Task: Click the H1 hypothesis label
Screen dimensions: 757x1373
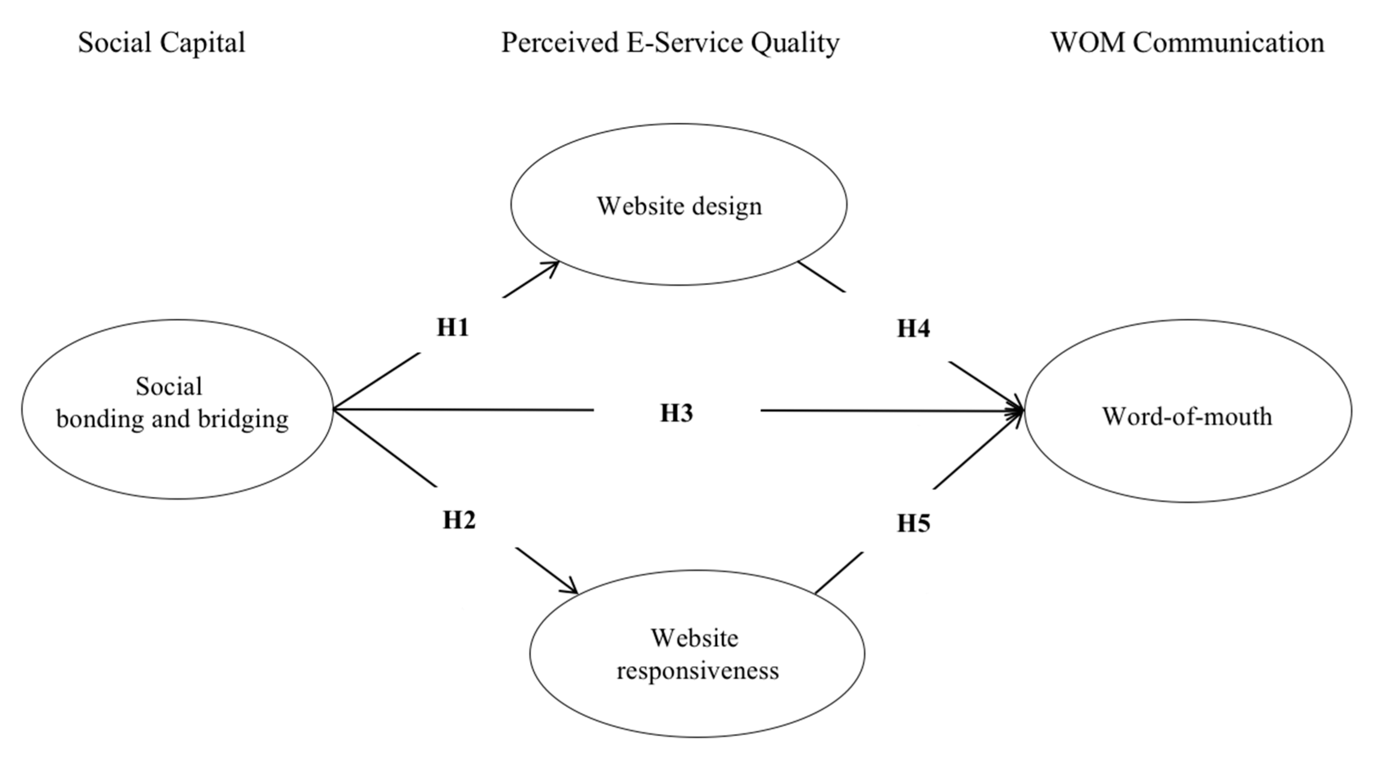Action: [453, 327]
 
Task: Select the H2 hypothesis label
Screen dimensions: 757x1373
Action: [459, 519]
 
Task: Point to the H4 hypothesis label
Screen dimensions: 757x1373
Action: [914, 329]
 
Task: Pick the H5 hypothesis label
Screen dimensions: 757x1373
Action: [914, 524]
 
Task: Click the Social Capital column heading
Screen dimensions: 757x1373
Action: [161, 42]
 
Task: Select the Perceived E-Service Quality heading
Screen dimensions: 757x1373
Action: [670, 42]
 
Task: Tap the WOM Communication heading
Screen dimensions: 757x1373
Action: [1187, 42]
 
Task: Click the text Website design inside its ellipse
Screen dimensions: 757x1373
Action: [679, 206]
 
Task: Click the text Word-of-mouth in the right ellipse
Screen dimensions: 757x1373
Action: [1187, 416]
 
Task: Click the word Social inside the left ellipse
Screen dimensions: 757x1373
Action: [169, 386]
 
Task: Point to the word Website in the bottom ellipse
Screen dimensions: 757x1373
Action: [694, 638]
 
